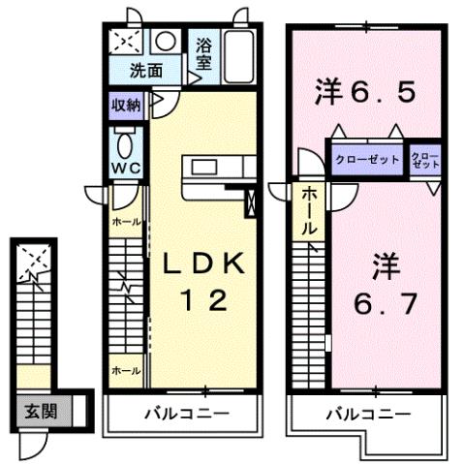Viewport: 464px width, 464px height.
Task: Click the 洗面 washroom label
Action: pyautogui.click(x=148, y=71)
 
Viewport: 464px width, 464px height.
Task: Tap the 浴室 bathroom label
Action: pyautogui.click(x=205, y=52)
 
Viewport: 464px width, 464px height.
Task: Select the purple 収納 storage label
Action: pyautogui.click(x=125, y=106)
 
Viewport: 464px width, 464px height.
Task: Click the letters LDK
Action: pyautogui.click(x=204, y=263)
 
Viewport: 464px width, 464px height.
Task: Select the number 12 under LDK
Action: pyautogui.click(x=204, y=300)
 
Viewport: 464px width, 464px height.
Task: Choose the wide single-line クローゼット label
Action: pyautogui.click(x=367, y=159)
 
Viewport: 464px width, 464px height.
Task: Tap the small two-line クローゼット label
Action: pyautogui.click(x=424, y=160)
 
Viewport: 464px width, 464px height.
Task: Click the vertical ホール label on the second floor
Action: pyautogui.click(x=308, y=212)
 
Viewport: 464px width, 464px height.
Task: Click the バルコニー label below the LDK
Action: pyautogui.click(x=186, y=415)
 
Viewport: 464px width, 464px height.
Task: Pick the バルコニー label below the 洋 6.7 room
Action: pyautogui.click(x=367, y=415)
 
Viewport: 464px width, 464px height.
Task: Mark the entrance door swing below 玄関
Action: pyautogui.click(x=33, y=443)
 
